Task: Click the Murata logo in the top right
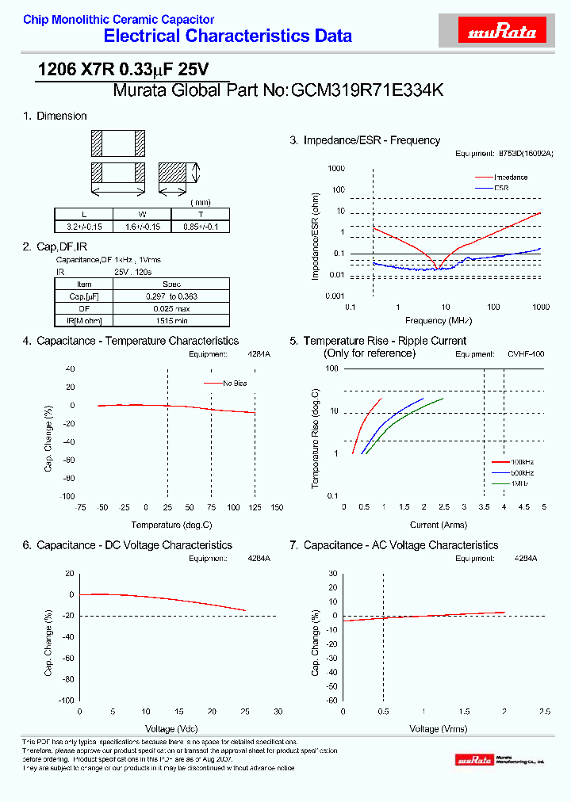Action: click(503, 32)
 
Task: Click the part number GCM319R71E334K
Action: click(367, 90)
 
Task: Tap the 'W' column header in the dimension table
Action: click(142, 214)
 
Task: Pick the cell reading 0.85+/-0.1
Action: click(201, 226)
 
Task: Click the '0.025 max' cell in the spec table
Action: click(171, 308)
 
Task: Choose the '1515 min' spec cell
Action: click(171, 320)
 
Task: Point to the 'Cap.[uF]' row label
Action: click(84, 296)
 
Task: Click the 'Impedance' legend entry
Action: click(511, 177)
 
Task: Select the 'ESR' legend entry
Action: click(501, 188)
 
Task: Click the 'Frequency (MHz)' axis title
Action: click(439, 321)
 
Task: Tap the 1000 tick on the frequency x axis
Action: click(541, 307)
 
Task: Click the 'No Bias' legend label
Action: click(236, 383)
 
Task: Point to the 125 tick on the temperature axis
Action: click(255, 507)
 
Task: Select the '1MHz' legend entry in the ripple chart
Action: click(519, 483)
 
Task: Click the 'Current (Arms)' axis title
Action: click(439, 525)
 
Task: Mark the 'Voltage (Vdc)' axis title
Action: click(171, 728)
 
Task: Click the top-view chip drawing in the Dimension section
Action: click(118, 143)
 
